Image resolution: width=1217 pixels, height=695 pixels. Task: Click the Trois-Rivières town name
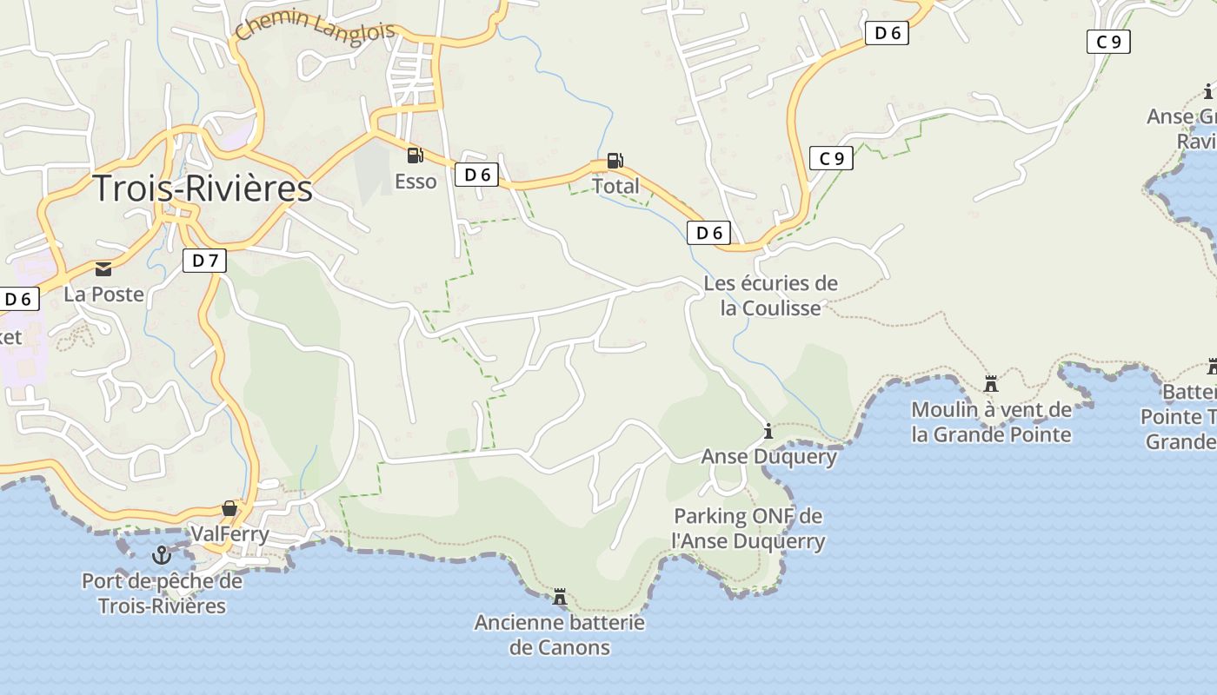click(x=202, y=189)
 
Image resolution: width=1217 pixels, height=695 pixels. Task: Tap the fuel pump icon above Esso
click(x=415, y=156)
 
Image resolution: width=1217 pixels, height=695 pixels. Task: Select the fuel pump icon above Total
click(x=615, y=160)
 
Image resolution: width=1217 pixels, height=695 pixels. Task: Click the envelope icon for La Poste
click(x=103, y=269)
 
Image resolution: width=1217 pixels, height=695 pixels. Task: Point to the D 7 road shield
click(x=204, y=260)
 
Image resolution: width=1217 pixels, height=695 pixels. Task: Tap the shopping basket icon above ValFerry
click(x=229, y=508)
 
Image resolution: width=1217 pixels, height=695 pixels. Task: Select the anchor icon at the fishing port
click(x=161, y=554)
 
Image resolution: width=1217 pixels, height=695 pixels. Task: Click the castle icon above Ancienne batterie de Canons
click(x=560, y=598)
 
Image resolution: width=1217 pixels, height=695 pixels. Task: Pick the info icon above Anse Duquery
click(x=768, y=431)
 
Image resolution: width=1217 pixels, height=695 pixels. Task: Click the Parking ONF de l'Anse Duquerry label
click(x=748, y=529)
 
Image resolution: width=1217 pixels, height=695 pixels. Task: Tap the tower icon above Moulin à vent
click(x=990, y=384)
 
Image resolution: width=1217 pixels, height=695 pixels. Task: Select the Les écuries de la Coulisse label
click(x=770, y=295)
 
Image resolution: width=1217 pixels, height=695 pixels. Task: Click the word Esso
click(x=416, y=182)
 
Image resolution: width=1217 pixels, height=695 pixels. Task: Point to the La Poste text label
click(x=103, y=295)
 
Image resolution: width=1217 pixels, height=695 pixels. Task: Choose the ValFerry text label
click(x=229, y=533)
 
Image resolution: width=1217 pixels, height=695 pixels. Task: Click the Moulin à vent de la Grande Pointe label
click(x=991, y=421)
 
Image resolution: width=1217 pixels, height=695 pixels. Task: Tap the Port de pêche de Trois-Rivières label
click(x=162, y=593)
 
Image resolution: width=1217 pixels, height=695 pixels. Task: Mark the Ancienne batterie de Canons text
click(x=560, y=635)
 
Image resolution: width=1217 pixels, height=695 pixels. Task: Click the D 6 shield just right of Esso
click(x=476, y=175)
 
